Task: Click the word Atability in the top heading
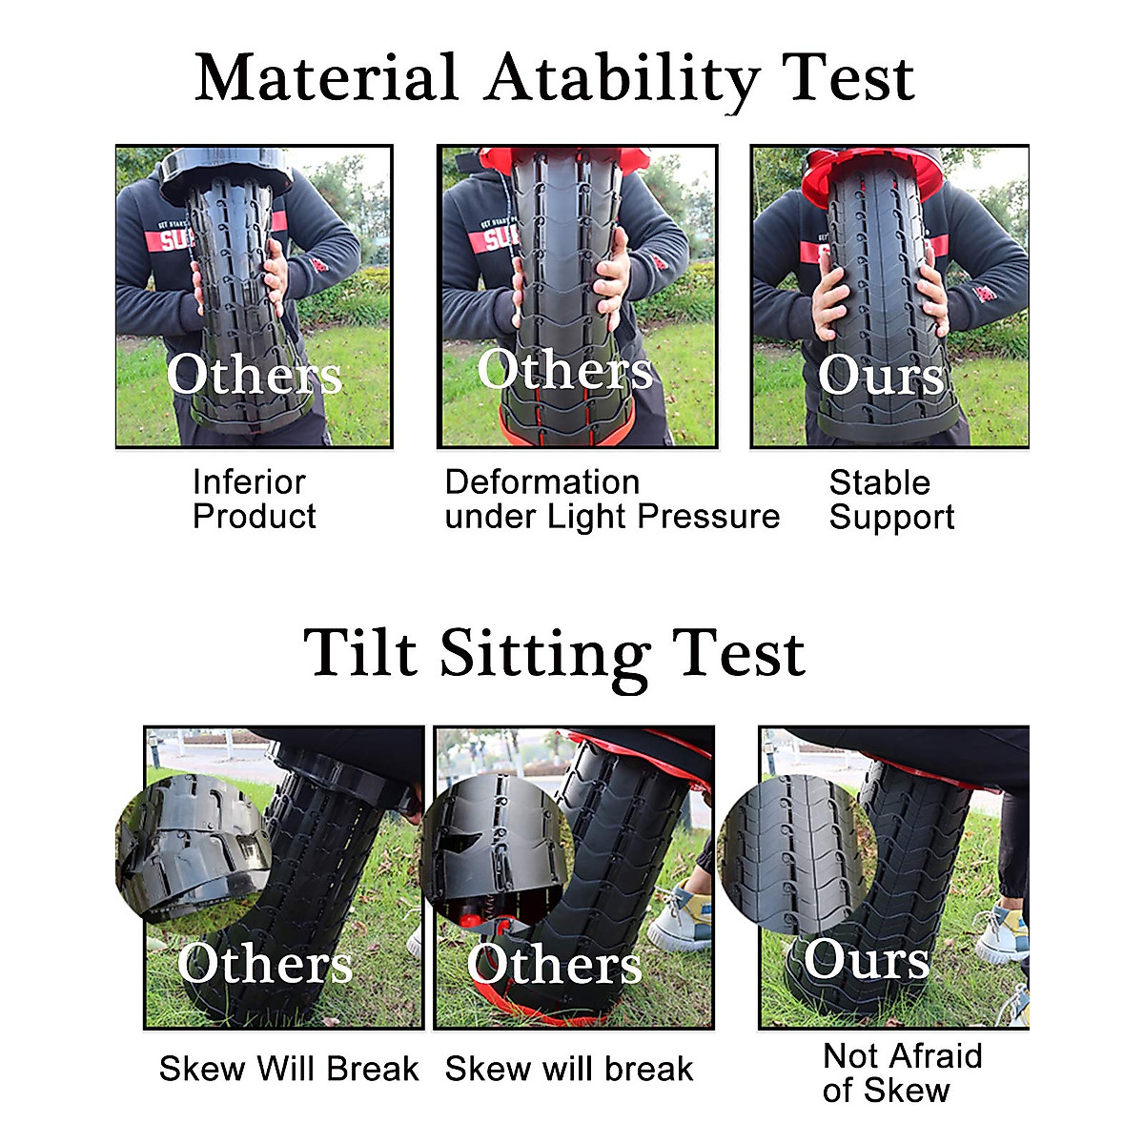coord(622,78)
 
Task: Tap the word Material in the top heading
coord(326,78)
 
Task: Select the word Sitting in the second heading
coord(544,654)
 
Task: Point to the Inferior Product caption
coord(254,499)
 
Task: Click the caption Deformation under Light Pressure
coord(611,499)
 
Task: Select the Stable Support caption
coord(890,499)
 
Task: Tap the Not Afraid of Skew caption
coord(901,1072)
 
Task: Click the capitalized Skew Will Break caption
coord(288,1069)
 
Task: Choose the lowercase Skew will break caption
coord(568,1069)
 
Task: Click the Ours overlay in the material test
coord(880,375)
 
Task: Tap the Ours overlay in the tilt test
coord(866,958)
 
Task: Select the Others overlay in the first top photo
coord(254,374)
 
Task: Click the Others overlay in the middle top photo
coord(564,369)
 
